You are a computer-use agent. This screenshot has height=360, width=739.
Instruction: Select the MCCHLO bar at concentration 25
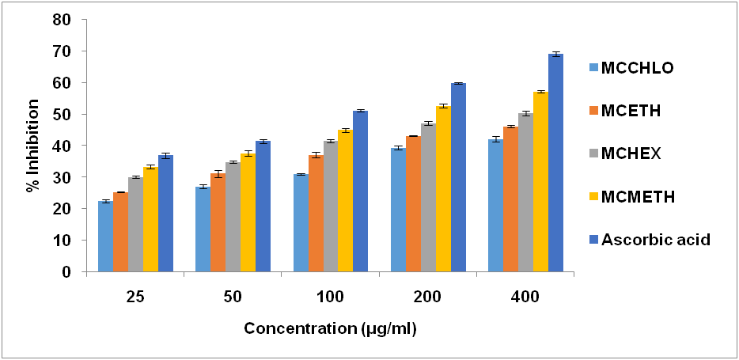tap(105, 237)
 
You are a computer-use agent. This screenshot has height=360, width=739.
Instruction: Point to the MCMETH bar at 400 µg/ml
tap(541, 182)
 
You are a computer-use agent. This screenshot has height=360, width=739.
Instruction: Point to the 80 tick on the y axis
tap(73, 20)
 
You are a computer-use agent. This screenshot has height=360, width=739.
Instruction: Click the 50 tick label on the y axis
tap(73, 115)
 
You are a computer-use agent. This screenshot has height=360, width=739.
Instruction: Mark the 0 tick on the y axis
tap(77, 272)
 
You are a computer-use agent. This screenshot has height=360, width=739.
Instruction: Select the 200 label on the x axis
tap(428, 297)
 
